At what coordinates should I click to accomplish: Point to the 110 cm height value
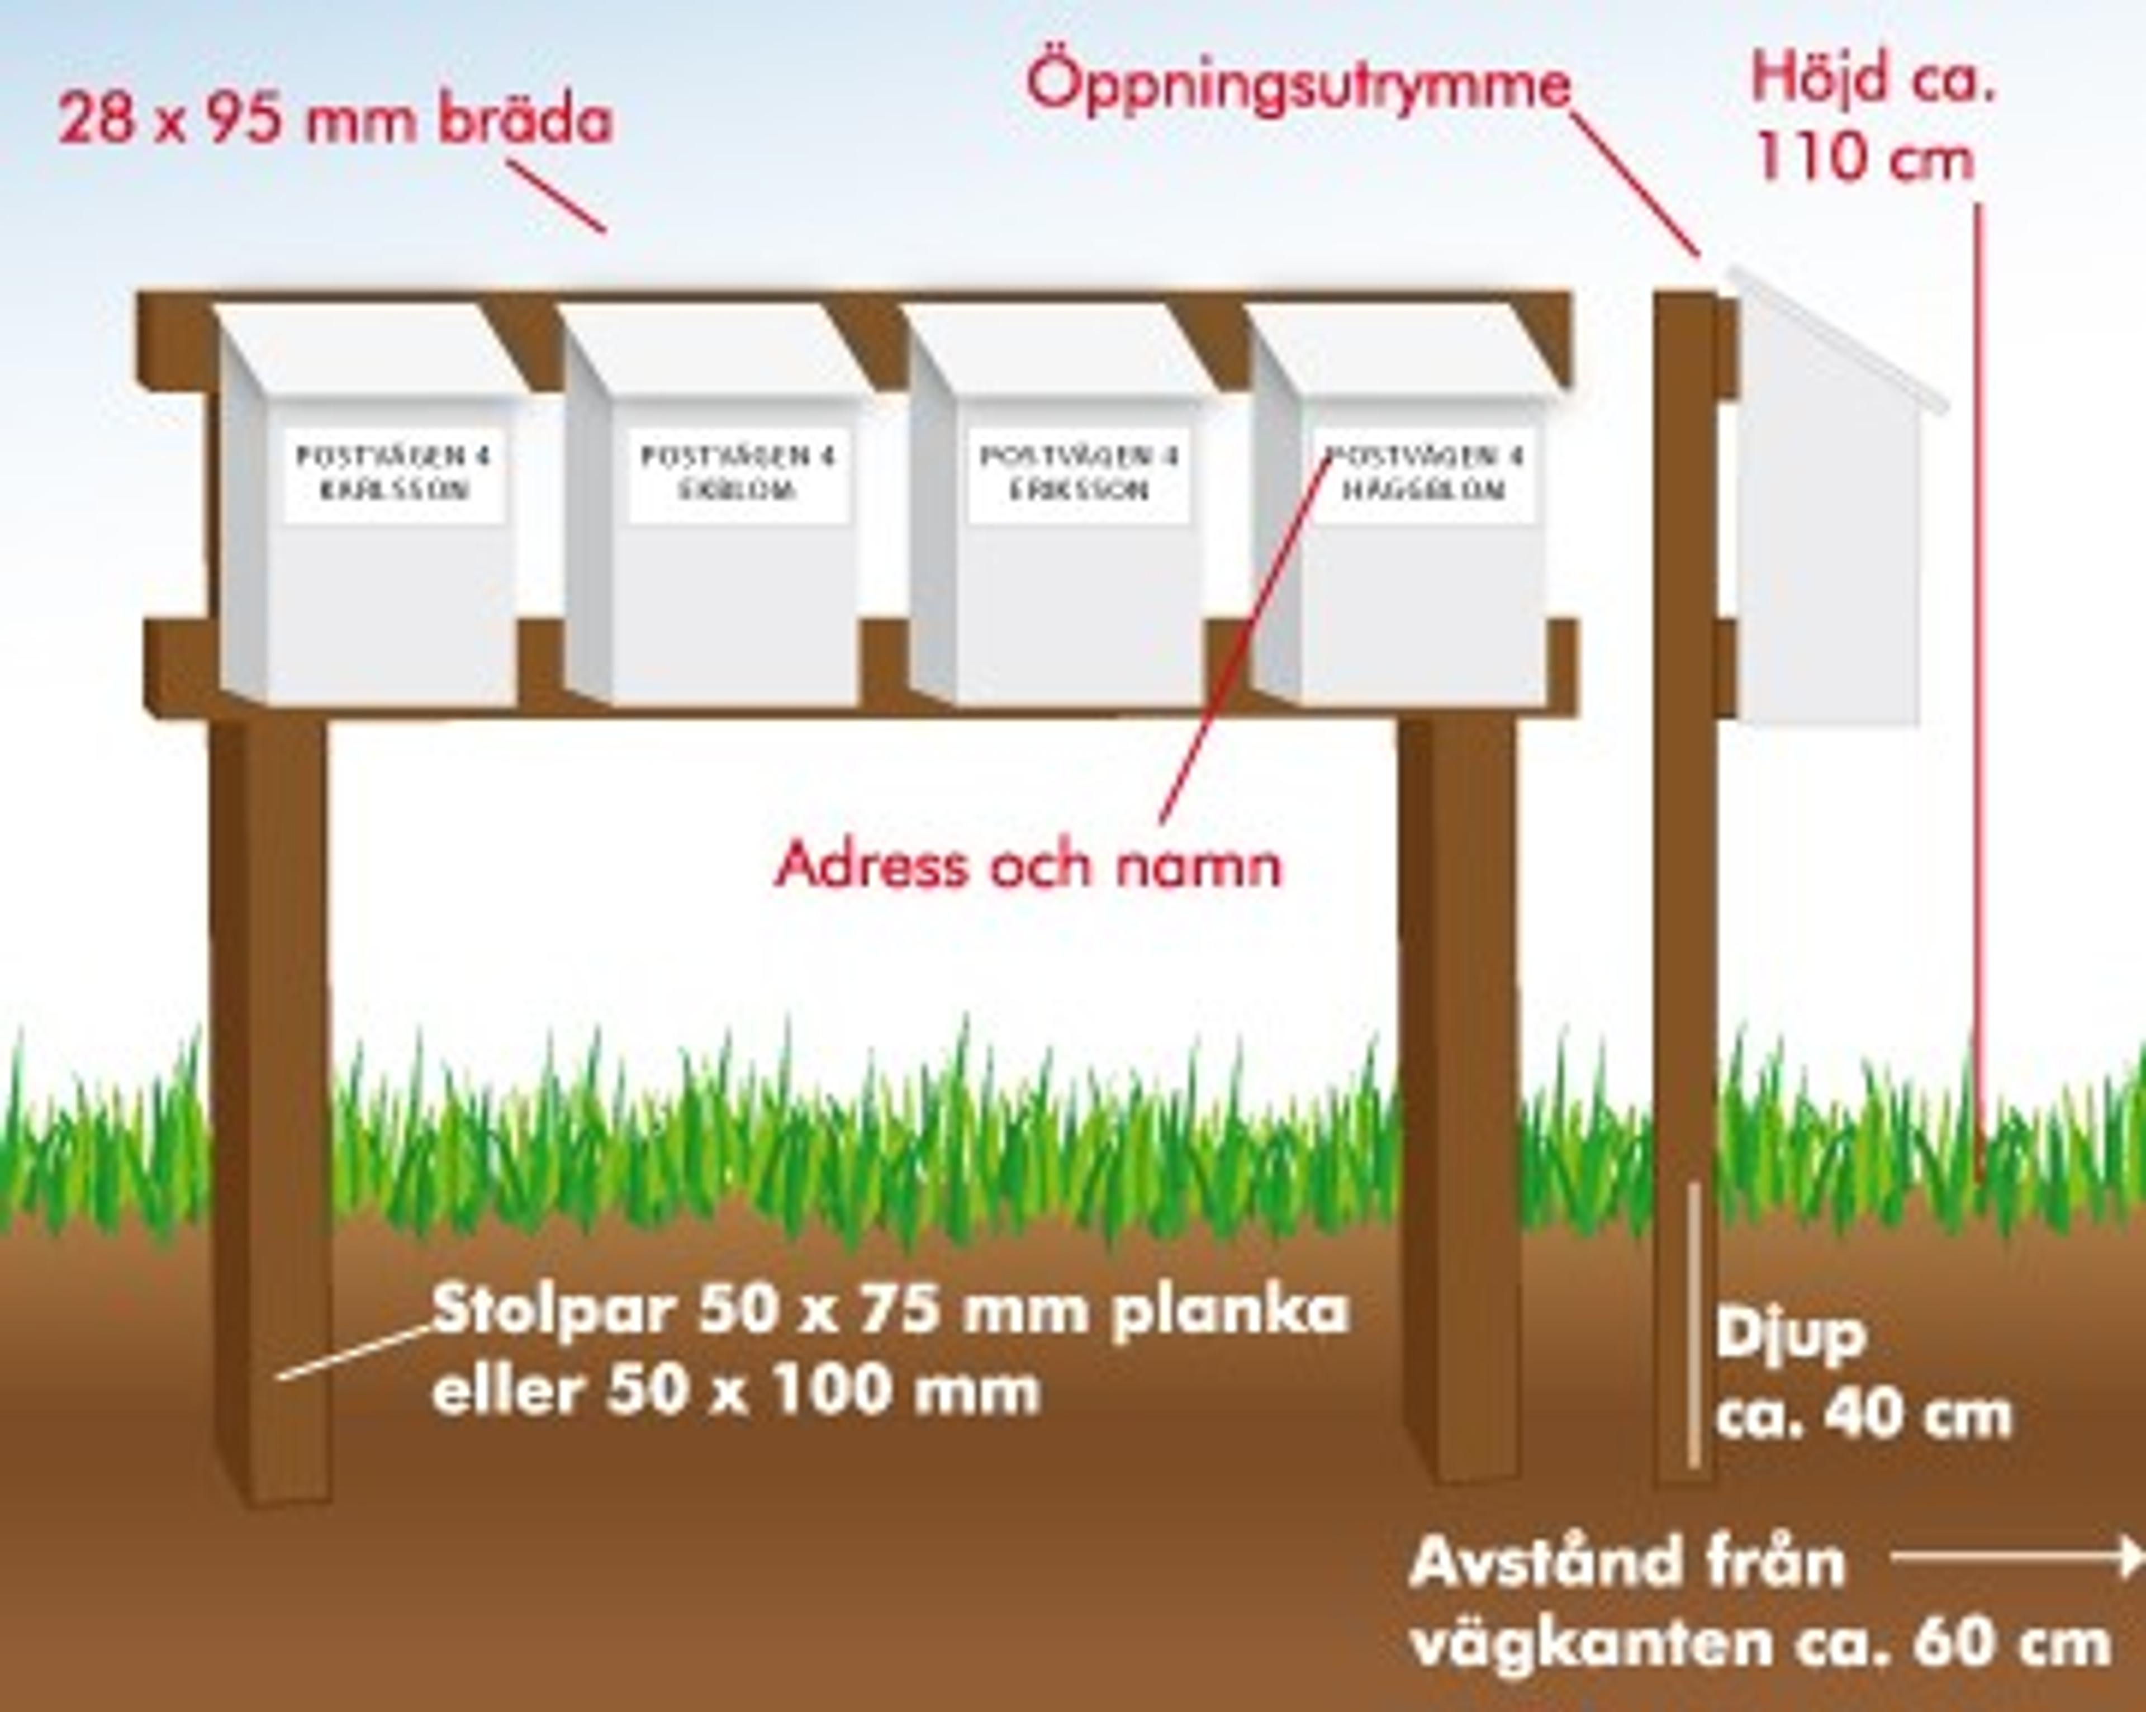pos(1863,159)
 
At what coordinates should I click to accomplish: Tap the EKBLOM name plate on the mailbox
pos(738,474)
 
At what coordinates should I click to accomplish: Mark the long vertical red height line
pos(1978,697)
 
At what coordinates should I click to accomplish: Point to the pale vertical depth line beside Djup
pos(1692,1324)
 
